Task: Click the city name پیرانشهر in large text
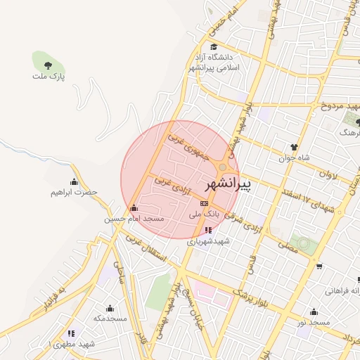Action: (228, 185)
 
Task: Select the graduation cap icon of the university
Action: (214, 47)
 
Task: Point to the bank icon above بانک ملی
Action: (205, 202)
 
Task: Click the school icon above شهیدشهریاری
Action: (208, 230)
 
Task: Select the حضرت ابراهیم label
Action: (73, 192)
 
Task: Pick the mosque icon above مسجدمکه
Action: (110, 308)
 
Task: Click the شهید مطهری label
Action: (73, 344)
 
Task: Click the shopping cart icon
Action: (320, 266)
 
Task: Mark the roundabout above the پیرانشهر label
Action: (223, 167)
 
